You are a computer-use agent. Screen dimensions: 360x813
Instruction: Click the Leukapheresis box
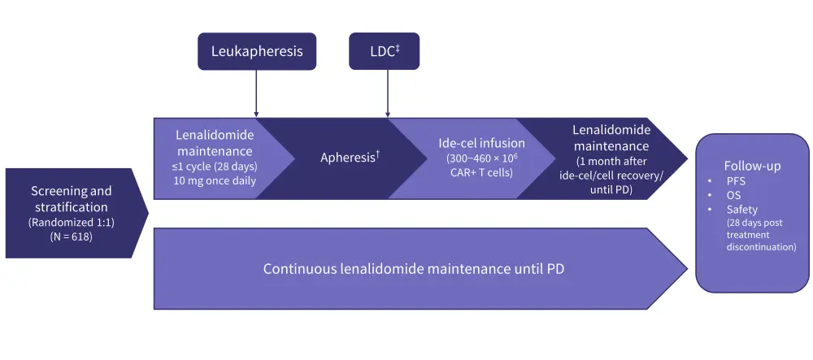click(x=256, y=51)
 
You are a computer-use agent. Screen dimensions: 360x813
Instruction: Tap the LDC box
click(x=388, y=51)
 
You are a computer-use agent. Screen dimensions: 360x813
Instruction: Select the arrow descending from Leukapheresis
click(x=256, y=93)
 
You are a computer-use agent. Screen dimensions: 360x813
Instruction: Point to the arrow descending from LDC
click(x=388, y=93)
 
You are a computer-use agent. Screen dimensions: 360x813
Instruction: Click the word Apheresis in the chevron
click(x=347, y=158)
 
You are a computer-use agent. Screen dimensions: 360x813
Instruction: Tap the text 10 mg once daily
click(x=215, y=180)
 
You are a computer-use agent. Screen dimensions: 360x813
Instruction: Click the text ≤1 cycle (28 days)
click(x=215, y=167)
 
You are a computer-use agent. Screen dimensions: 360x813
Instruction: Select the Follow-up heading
click(x=752, y=166)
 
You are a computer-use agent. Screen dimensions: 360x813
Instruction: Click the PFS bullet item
click(x=735, y=181)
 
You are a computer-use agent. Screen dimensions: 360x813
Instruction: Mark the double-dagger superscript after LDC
click(x=398, y=47)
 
